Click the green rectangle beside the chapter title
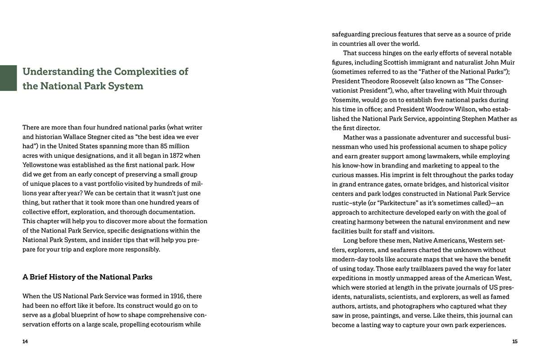8,78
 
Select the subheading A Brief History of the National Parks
87,277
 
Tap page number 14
25,342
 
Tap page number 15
515,342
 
